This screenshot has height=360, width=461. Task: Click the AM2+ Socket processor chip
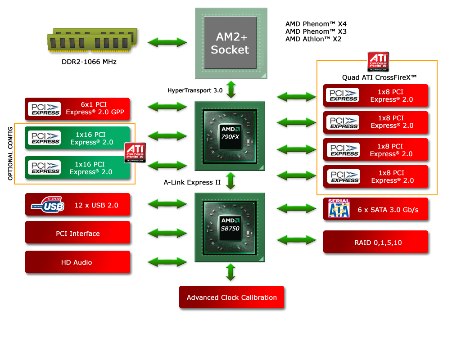[230, 43]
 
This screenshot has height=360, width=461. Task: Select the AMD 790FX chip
[230, 135]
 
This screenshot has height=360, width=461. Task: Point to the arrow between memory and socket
[167, 43]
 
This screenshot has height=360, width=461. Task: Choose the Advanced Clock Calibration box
[232, 297]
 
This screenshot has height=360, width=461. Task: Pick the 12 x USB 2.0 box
[78, 205]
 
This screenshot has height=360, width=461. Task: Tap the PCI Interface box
[78, 234]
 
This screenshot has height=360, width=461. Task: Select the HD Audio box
[77, 262]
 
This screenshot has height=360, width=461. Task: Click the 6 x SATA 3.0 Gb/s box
[375, 210]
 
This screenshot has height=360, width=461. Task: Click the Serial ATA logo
[339, 208]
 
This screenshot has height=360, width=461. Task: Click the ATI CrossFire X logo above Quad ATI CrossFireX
[378, 62]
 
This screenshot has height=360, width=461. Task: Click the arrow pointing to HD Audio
[167, 262]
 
